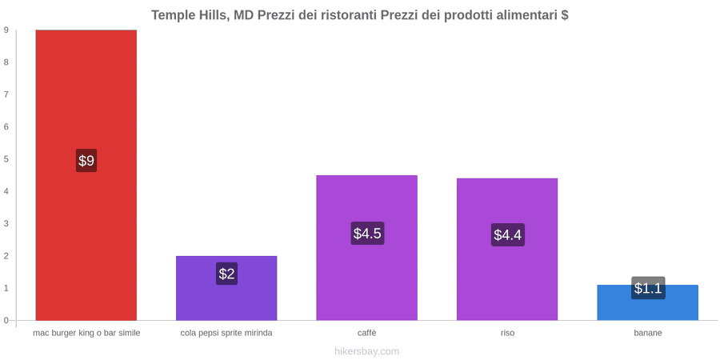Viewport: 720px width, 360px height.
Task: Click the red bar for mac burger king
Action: click(86, 175)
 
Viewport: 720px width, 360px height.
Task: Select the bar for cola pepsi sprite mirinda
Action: click(226, 288)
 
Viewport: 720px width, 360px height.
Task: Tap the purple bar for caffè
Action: click(367, 247)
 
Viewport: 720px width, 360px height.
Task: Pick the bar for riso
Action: click(507, 249)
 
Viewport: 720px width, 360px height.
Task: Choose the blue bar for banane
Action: click(647, 302)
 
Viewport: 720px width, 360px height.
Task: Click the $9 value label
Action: click(86, 161)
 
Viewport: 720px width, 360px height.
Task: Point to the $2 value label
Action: click(226, 274)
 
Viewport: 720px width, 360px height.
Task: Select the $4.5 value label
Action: click(367, 234)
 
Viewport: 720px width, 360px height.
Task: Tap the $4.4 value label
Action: click(508, 234)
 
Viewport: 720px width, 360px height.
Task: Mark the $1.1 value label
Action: click(648, 288)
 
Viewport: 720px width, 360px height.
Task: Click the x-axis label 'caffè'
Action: click(367, 333)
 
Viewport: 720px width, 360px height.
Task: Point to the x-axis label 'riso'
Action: click(507, 333)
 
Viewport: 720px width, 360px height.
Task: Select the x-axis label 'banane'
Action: click(648, 333)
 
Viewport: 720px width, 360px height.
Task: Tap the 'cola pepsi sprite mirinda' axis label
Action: click(226, 333)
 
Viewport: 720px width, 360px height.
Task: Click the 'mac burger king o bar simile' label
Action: click(86, 333)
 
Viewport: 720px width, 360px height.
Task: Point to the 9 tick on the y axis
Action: click(6, 30)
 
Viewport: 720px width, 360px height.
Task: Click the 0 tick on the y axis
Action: click(6, 320)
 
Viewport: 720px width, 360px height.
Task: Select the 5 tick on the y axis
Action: click(6, 159)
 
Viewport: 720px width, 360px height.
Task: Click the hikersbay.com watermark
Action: click(367, 351)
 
